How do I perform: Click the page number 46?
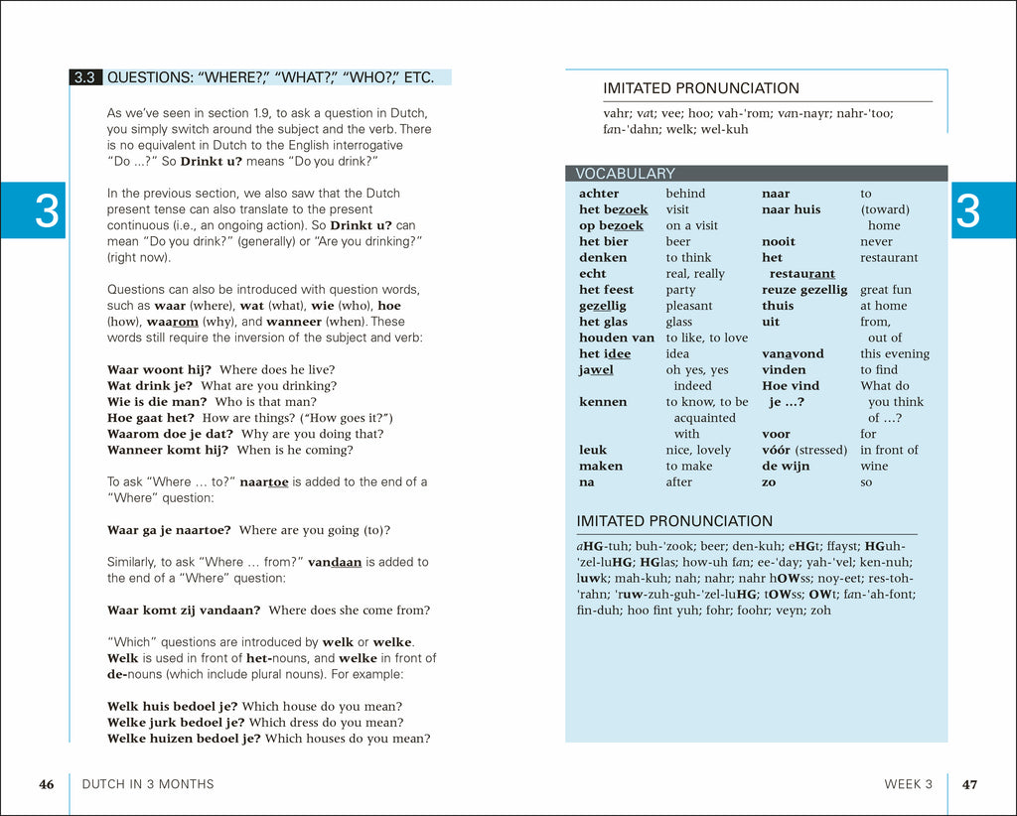tap(47, 784)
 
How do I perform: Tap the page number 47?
tap(969, 784)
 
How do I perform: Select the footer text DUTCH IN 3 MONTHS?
tap(147, 784)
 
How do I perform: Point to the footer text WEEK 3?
tap(908, 784)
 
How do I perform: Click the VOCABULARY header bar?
tap(756, 174)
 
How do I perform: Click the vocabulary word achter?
tap(599, 194)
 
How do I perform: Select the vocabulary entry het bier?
tap(604, 241)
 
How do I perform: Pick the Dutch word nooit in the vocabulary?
tap(779, 241)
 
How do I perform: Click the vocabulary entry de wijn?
tap(786, 466)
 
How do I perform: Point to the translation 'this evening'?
tap(895, 353)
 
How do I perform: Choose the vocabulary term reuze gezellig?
tap(804, 290)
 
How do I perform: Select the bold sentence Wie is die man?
tap(157, 401)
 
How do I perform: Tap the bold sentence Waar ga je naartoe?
tap(169, 530)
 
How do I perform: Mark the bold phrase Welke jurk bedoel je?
tap(176, 722)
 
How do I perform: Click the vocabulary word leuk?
tap(593, 450)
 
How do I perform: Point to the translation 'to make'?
tap(690, 466)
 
